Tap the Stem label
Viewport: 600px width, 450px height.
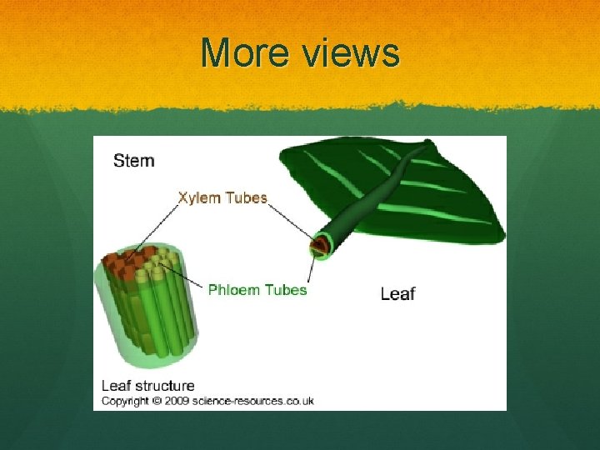(133, 160)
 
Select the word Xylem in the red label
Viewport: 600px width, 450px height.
(198, 197)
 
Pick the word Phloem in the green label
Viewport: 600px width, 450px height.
(234, 290)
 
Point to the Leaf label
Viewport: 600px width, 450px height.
(397, 293)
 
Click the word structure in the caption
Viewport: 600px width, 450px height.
(163, 386)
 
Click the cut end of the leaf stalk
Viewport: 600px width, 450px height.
(319, 246)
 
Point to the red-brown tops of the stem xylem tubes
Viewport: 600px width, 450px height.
(125, 262)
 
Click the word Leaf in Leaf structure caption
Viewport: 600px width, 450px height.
(114, 386)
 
